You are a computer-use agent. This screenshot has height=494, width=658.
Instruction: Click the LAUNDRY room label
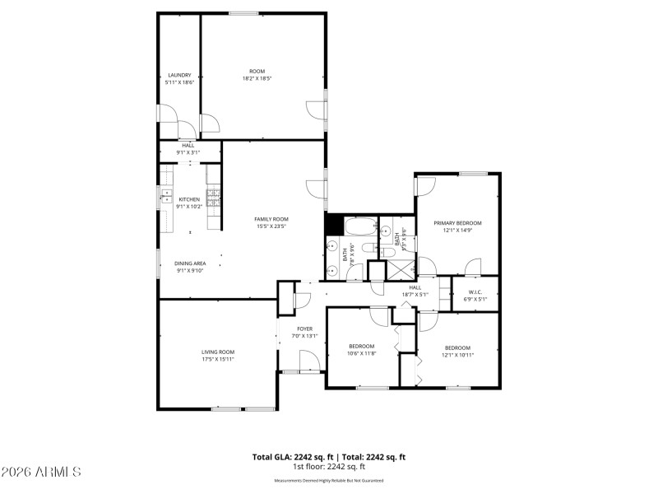click(x=178, y=75)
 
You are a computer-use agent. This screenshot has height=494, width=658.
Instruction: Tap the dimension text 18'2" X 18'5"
click(x=257, y=79)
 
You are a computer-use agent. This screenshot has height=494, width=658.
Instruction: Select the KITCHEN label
click(x=189, y=199)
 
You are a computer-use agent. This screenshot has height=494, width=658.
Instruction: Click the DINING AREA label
click(x=189, y=263)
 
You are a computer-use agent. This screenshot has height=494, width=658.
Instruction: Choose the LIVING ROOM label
click(x=218, y=352)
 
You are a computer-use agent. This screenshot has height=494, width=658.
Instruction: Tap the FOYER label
click(x=305, y=329)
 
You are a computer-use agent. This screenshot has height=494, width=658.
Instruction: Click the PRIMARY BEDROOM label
click(x=457, y=223)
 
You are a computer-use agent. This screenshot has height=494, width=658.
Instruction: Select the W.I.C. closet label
click(x=475, y=292)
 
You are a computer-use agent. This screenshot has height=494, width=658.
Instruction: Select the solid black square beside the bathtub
click(x=334, y=223)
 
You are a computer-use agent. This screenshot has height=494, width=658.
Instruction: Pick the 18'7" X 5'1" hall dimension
click(x=415, y=294)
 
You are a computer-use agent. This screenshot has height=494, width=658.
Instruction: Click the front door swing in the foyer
click(x=309, y=360)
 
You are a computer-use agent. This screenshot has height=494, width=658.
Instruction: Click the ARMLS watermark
click(x=41, y=472)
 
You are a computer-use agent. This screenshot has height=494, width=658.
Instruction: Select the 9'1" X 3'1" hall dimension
click(x=188, y=152)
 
